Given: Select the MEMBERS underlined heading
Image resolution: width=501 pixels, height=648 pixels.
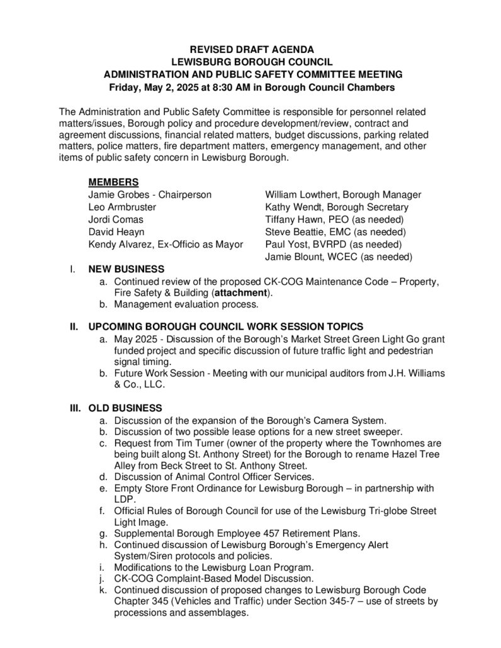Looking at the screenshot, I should pos(113,182).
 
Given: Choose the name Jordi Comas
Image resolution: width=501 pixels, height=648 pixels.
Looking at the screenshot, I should pos(116,220).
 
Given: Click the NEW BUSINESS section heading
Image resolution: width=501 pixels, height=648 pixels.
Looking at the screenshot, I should pos(127,269).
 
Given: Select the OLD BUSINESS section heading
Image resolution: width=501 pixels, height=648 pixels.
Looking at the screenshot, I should pos(125,408).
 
